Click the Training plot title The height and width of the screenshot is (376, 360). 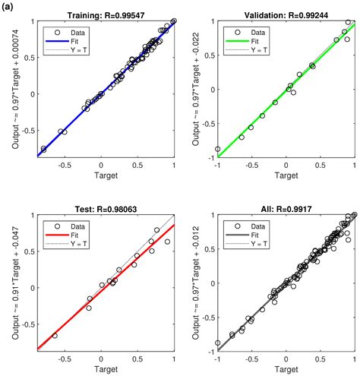tap(106, 14)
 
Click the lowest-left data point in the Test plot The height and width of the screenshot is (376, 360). tap(55, 335)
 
